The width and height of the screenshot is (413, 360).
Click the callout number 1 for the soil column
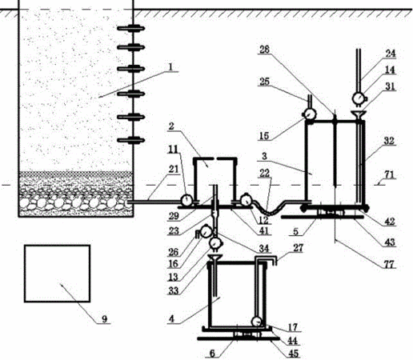pyautogui.click(x=171, y=66)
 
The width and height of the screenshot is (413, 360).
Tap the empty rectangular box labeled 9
pyautogui.click(x=57, y=274)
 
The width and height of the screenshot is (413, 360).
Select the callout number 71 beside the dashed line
pyautogui.click(x=389, y=175)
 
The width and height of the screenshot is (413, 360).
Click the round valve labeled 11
pyautogui.click(x=186, y=200)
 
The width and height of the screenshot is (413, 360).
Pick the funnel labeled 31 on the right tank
pyautogui.click(x=358, y=115)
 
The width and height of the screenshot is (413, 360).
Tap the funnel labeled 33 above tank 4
pyautogui.click(x=215, y=258)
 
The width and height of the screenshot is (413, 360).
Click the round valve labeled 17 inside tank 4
pyautogui.click(x=257, y=322)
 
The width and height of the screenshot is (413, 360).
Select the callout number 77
pyautogui.click(x=389, y=264)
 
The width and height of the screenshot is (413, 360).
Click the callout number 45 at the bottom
pyautogui.click(x=293, y=354)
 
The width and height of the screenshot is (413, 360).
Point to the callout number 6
pyautogui.click(x=212, y=354)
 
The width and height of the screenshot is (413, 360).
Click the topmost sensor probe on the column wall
pyautogui.click(x=131, y=28)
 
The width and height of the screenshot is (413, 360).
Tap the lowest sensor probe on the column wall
pyautogui.click(x=131, y=140)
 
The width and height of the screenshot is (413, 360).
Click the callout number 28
pyautogui.click(x=264, y=50)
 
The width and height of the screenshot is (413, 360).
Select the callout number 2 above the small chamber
pyautogui.click(x=171, y=126)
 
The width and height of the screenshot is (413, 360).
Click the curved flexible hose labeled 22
pyautogui.click(x=267, y=210)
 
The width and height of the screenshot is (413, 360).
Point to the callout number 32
pyautogui.click(x=389, y=141)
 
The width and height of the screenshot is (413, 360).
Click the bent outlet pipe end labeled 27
pyautogui.click(x=270, y=258)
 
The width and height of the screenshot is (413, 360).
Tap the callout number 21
pyautogui.click(x=174, y=169)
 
